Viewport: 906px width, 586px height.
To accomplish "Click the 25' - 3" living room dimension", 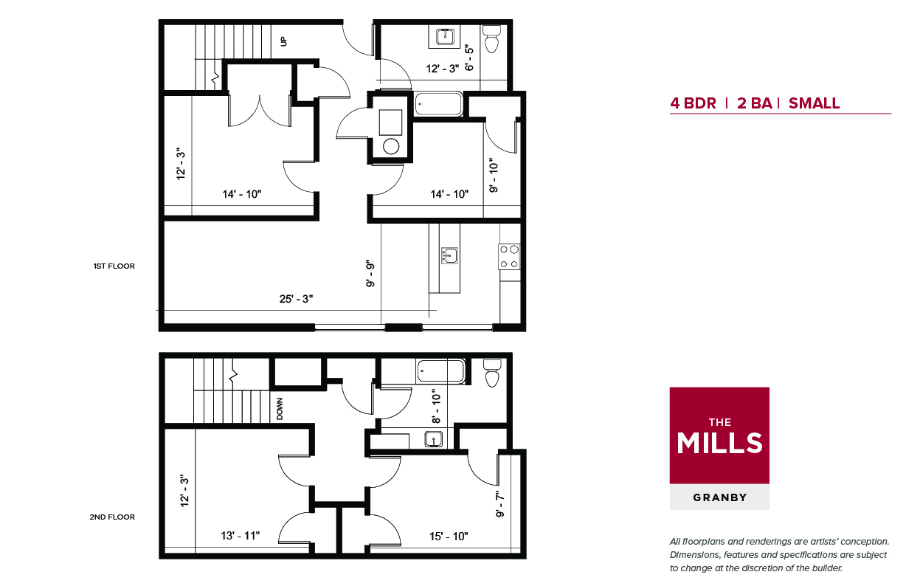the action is coord(296,299).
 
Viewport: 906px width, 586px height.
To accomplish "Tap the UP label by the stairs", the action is coord(283,41).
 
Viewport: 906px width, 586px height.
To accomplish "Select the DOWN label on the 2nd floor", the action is coord(280,408).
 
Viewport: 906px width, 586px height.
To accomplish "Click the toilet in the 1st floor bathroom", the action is coord(492,38).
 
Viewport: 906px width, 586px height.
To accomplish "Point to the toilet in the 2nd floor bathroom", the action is coord(492,373).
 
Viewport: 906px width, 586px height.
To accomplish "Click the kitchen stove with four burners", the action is coord(509,257).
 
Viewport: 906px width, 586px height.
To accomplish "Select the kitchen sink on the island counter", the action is coord(449,255).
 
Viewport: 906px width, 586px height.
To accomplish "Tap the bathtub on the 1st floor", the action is coord(438,104).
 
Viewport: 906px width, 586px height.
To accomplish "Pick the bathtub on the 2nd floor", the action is coord(441,371).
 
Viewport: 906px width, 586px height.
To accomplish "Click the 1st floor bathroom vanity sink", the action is coord(445,36).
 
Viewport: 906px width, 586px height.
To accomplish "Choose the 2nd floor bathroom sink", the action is coord(433,439).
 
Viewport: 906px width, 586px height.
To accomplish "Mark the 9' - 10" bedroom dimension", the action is coord(494,178).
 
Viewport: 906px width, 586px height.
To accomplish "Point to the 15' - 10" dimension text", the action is coord(449,537).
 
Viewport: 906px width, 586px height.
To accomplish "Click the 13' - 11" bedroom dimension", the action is coord(241,535).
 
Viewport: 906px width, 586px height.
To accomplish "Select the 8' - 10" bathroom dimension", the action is coord(436,407).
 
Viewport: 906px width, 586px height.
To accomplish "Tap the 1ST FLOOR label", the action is coord(114,266).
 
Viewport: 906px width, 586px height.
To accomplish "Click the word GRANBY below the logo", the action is coord(719,497).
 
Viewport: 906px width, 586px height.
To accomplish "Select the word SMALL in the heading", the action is coord(814,103).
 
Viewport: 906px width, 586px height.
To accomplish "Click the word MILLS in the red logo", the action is coord(719,443).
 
